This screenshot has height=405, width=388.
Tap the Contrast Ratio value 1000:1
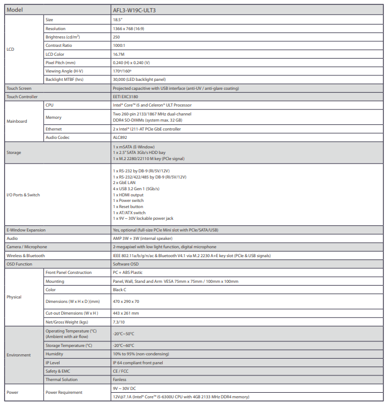point(119,45)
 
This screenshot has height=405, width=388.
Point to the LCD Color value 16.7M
point(118,54)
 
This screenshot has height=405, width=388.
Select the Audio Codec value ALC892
point(120,137)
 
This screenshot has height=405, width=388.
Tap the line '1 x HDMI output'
point(128,195)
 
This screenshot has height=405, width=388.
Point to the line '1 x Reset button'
point(128,206)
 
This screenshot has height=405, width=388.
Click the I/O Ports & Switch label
point(23,195)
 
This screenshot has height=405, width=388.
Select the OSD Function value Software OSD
point(125,264)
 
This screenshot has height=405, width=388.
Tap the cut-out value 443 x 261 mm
point(127,313)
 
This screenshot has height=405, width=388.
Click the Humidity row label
point(55,354)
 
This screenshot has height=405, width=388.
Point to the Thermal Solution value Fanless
point(120,379)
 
